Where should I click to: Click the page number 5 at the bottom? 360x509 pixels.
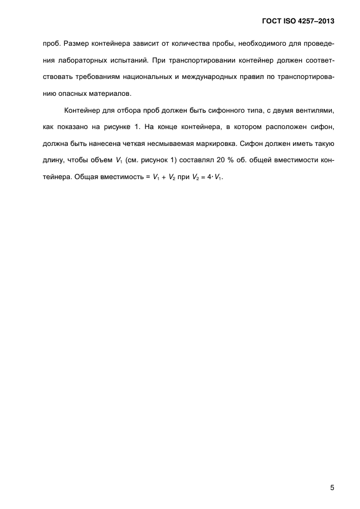[x=332, y=473]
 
